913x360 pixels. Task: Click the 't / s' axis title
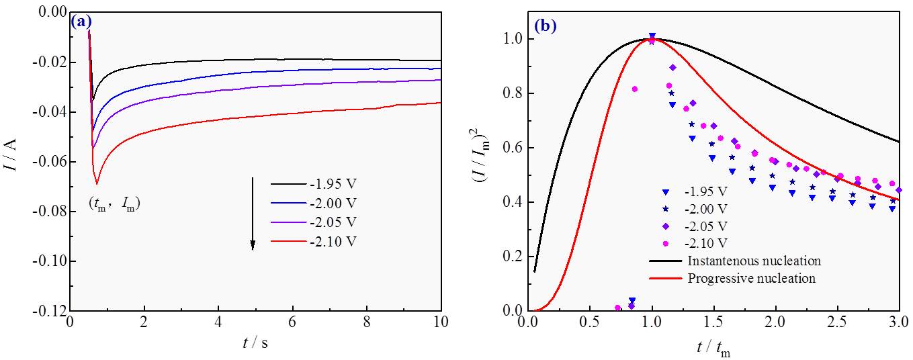pyautogui.click(x=255, y=343)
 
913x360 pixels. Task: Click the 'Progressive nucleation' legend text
pyautogui.click(x=744, y=278)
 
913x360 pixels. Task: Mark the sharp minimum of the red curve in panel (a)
pyautogui.click(x=97, y=183)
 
